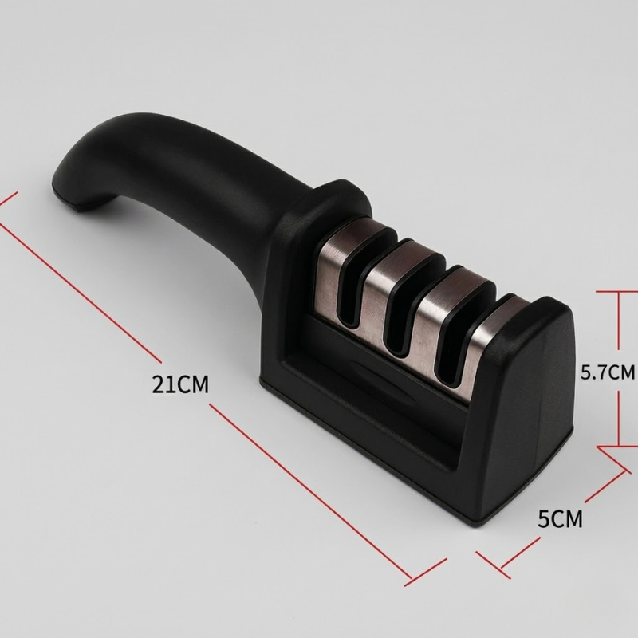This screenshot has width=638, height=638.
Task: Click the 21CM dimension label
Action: coord(180,384)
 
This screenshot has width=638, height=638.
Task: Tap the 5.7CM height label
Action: coord(608,372)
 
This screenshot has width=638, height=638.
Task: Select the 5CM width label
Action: coord(561,519)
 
